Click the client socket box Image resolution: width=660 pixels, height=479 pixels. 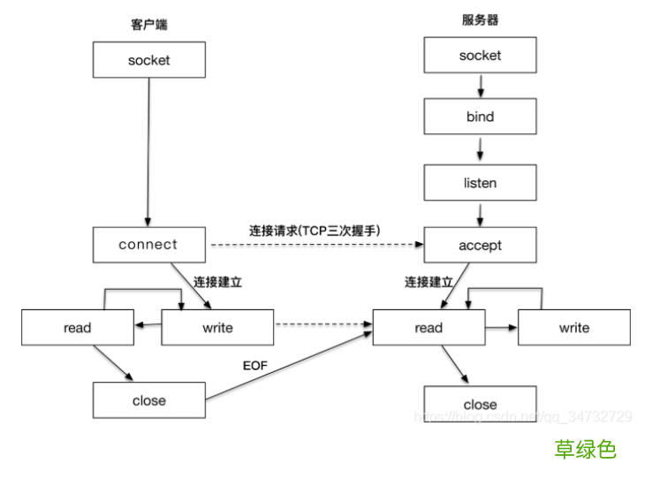click(148, 61)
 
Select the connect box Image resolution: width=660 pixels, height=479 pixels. click(148, 245)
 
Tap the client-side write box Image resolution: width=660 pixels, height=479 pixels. click(217, 328)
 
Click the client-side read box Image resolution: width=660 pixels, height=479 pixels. click(78, 328)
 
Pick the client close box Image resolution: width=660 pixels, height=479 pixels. click(148, 400)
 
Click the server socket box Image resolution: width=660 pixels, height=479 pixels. click(480, 56)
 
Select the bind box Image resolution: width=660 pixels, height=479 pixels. click(480, 117)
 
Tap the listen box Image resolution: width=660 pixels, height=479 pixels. click(480, 183)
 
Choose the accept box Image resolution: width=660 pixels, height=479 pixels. click(480, 246)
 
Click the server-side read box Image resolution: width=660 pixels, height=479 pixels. click(429, 328)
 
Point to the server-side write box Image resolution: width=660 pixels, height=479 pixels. click(573, 328)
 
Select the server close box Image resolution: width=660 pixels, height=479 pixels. click(480, 405)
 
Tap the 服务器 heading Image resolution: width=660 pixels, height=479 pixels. click(477, 19)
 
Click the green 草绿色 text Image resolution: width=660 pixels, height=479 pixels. click(585, 449)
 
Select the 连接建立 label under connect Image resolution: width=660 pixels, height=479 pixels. click(217, 283)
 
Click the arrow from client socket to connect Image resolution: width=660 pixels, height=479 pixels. click(148, 150)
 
